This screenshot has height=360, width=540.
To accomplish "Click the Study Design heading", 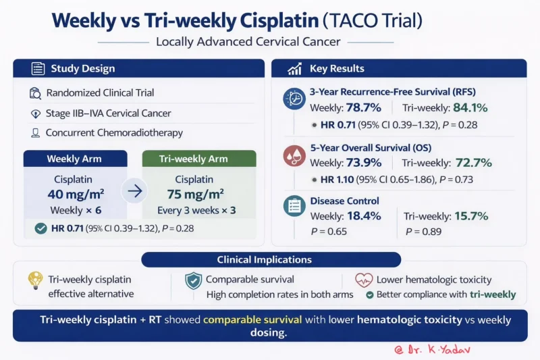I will click(82, 68).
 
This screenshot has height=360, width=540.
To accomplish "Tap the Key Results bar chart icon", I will click(294, 69).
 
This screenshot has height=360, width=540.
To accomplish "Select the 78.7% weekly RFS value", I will click(364, 107).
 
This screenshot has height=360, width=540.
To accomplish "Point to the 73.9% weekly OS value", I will click(364, 162).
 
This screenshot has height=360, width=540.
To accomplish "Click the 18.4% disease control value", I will click(364, 216).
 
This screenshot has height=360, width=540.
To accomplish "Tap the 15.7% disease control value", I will click(468, 216).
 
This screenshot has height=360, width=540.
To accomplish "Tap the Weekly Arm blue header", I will click(75, 159).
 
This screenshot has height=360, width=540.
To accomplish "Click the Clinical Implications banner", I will click(270, 259).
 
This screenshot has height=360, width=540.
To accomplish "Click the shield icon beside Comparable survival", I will click(193, 280).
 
